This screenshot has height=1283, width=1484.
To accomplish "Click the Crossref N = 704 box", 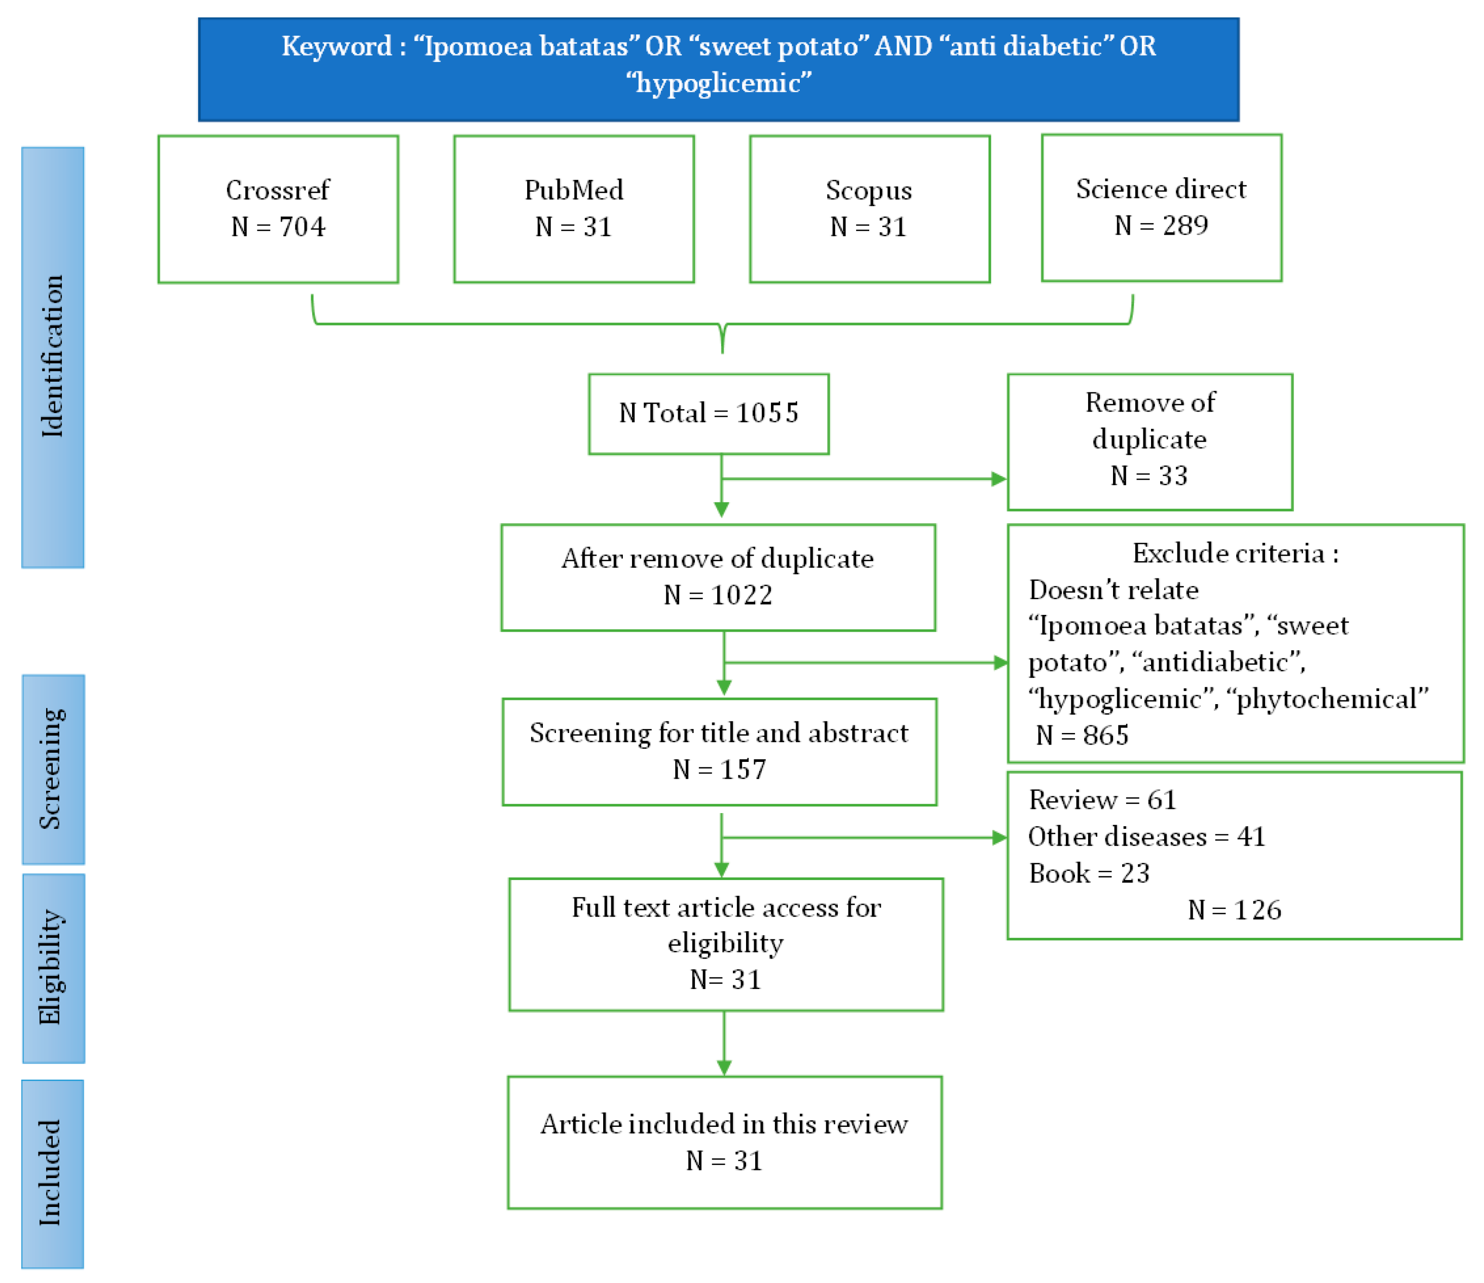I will pyautogui.click(x=278, y=209).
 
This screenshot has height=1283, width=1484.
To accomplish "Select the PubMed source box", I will pyautogui.click(x=574, y=209).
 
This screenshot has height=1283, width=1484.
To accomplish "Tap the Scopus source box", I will pyautogui.click(x=870, y=209).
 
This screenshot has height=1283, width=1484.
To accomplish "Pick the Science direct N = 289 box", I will pyautogui.click(x=1161, y=208).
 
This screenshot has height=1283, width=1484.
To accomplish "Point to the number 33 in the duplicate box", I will pyautogui.click(x=1172, y=475).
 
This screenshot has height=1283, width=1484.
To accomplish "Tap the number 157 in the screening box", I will pyautogui.click(x=743, y=769).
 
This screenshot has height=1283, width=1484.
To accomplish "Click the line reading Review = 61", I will pyautogui.click(x=1102, y=800).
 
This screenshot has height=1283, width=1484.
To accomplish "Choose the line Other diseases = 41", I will pyautogui.click(x=1146, y=837).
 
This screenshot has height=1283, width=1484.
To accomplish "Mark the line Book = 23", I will pyautogui.click(x=1089, y=873).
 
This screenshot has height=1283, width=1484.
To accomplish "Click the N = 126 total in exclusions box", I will pyautogui.click(x=1234, y=910).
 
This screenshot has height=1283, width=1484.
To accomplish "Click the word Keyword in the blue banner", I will pyautogui.click(x=336, y=47).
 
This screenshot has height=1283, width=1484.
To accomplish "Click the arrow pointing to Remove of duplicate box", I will pyautogui.click(x=997, y=479).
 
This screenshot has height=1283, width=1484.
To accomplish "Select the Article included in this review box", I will pyautogui.click(x=724, y=1142).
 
